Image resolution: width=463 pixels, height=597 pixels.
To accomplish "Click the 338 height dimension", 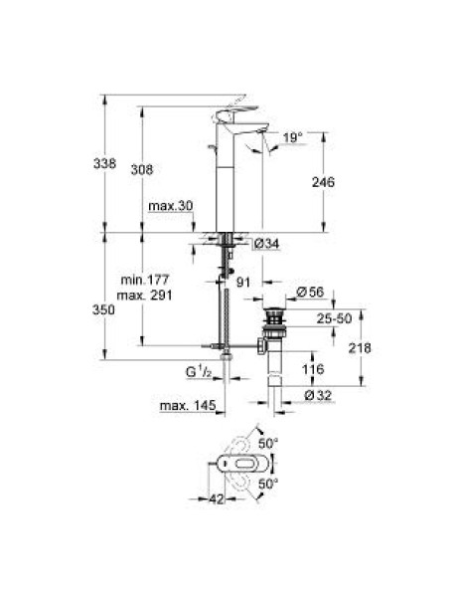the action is click(104, 163).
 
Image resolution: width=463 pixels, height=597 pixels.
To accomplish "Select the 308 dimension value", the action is click(142, 169).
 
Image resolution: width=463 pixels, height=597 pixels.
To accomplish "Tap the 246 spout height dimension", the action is click(323, 182).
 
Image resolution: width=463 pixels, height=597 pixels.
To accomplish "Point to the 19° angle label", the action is click(292, 137).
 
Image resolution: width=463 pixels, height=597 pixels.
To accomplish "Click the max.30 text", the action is click(171, 206).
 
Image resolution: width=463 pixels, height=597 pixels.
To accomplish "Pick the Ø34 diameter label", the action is click(266, 244).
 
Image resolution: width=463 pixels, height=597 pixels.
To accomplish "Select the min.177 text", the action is click(144, 280).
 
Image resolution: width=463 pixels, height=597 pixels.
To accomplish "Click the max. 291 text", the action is click(144, 296).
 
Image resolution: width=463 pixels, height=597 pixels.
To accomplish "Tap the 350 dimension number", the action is click(103, 309).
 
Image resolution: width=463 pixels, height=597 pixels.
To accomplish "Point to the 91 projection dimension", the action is click(243, 283).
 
